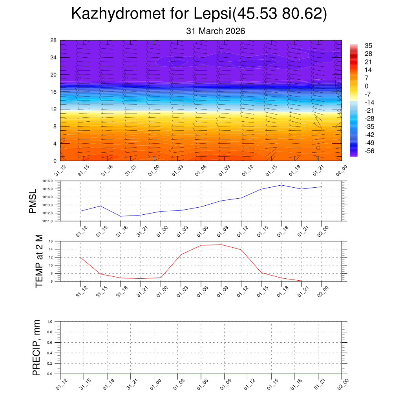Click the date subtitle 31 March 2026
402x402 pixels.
coord(216,31)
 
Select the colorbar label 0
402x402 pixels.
coord(366,86)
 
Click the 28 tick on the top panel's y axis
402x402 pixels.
coord(54,40)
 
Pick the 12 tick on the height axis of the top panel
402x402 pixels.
coord(54,109)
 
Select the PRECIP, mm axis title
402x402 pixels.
coord(37,348)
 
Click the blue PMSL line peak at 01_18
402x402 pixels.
coord(281,185)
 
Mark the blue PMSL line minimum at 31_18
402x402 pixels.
coord(121,216)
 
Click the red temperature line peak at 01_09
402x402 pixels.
coord(221,244)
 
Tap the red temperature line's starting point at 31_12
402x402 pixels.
coord(80,258)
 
